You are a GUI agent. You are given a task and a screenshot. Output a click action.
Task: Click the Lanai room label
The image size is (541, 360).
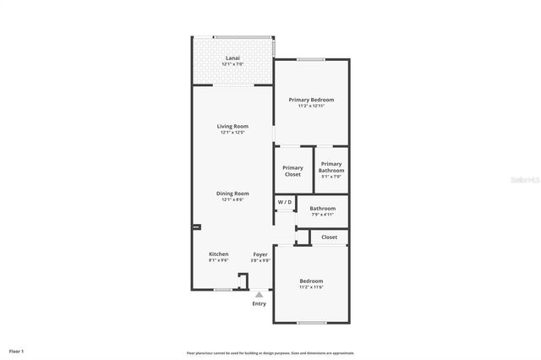point(232,58)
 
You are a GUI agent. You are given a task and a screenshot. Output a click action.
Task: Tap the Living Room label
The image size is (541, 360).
point(232,126)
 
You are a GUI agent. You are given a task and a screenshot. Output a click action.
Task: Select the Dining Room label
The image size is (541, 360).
point(232,194)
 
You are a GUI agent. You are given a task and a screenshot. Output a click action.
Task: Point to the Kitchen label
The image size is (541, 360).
point(219,254)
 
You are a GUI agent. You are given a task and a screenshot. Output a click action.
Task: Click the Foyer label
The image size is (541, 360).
point(261,254)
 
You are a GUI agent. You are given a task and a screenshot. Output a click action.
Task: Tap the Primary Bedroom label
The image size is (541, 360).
point(311,100)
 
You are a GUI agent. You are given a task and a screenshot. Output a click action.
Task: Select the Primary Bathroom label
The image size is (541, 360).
point(331,167)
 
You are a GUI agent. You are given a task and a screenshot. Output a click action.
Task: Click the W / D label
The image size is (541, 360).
point(285,202)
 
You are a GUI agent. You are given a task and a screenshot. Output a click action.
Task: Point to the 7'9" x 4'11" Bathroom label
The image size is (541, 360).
point(322,208)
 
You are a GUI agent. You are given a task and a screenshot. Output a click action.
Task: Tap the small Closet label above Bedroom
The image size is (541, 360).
point(329,237)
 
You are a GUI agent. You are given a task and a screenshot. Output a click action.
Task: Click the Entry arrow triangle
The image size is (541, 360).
point(259,295)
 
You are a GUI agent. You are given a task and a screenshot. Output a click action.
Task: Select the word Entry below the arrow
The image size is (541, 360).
point(259,304)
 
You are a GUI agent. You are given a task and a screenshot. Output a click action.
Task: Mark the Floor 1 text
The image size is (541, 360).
point(17,351)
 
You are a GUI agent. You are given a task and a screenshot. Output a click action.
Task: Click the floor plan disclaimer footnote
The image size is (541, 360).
point(270,353)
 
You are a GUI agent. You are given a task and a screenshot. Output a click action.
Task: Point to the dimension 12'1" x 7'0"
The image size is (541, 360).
point(232,64)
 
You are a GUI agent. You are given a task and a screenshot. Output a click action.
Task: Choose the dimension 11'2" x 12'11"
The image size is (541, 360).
point(311,106)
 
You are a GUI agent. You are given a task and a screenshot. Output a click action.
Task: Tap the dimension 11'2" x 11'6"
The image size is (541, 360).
point(311,287)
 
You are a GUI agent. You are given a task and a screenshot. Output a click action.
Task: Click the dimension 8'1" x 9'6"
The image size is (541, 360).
point(219,260)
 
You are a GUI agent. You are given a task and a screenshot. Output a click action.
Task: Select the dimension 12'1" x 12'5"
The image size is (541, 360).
point(232,132)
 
